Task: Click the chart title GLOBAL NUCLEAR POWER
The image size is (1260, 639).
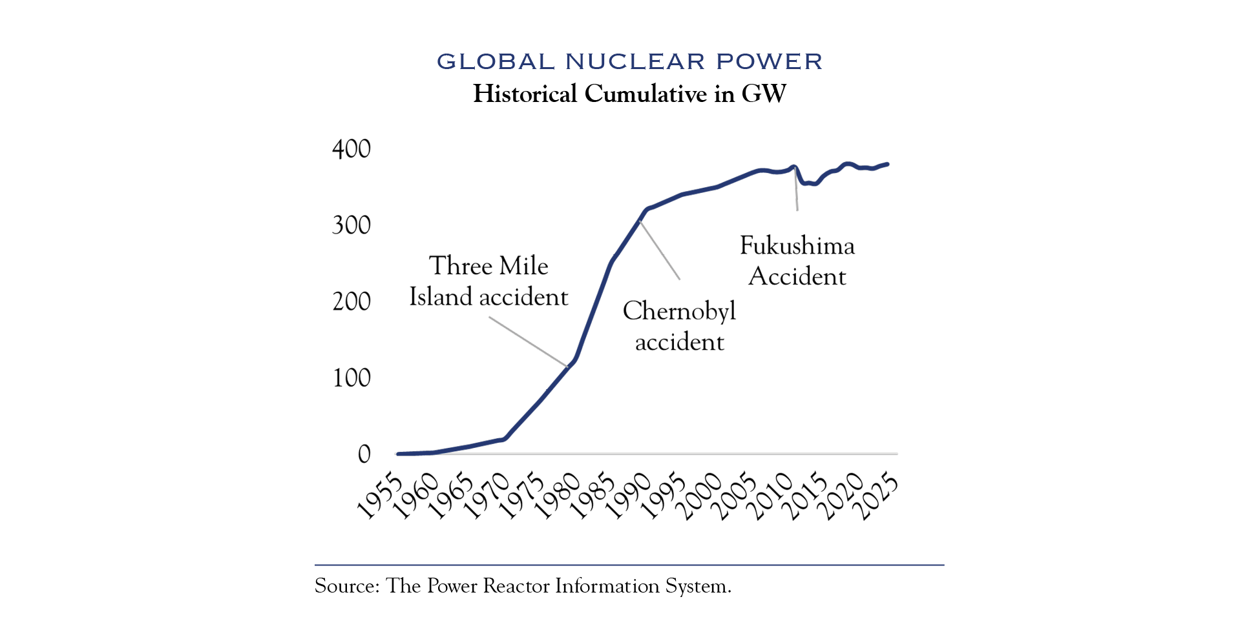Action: coord(629,62)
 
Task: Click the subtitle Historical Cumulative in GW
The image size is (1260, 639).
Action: coord(629,94)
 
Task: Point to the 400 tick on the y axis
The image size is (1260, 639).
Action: coord(351,149)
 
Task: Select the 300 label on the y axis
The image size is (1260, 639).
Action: coord(351,225)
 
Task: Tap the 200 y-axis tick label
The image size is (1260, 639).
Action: coord(351,301)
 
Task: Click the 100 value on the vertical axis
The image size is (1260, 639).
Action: coord(351,378)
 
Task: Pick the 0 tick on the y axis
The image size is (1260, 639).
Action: coord(364,454)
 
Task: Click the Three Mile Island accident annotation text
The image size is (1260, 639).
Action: coord(488,281)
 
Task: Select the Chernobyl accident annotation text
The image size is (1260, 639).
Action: coord(679,326)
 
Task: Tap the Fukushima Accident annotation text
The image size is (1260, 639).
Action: coord(797,261)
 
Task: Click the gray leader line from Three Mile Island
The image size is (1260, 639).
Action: coord(529,342)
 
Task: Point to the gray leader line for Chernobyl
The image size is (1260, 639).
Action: coord(660,250)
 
